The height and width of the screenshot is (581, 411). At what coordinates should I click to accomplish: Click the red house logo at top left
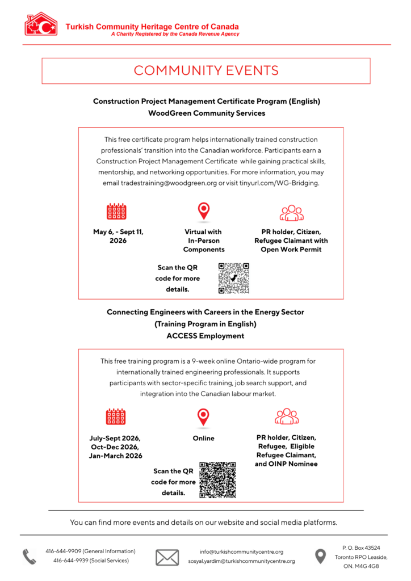click(x=41, y=24)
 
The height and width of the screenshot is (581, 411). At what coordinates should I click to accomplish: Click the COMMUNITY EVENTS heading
click(x=205, y=71)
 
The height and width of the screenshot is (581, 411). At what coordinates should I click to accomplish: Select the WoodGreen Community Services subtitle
click(x=207, y=113)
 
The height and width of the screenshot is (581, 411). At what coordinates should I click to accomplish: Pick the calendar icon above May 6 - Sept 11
click(x=116, y=212)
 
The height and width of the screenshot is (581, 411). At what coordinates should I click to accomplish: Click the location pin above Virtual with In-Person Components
click(x=203, y=211)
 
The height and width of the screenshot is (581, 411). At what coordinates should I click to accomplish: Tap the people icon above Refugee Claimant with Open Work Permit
click(x=291, y=213)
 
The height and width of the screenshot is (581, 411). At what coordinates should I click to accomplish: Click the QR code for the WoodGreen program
click(x=233, y=278)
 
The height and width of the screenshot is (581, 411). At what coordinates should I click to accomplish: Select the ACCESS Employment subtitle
click(x=205, y=336)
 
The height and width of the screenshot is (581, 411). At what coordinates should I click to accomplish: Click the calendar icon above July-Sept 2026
click(x=116, y=417)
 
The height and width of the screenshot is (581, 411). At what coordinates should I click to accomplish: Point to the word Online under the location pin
click(x=203, y=438)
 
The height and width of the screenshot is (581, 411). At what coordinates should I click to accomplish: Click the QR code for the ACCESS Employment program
click(x=217, y=480)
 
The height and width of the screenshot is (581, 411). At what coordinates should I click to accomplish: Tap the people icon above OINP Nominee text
click(x=287, y=416)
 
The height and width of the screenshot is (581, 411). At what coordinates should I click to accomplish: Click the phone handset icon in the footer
click(x=29, y=556)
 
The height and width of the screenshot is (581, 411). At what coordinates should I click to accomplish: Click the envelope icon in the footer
click(x=167, y=557)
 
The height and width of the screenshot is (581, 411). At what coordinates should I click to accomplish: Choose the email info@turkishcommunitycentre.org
click(x=241, y=551)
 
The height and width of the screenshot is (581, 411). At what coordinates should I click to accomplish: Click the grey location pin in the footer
click(x=320, y=556)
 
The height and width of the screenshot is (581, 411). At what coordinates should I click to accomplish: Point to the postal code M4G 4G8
click(x=368, y=566)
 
